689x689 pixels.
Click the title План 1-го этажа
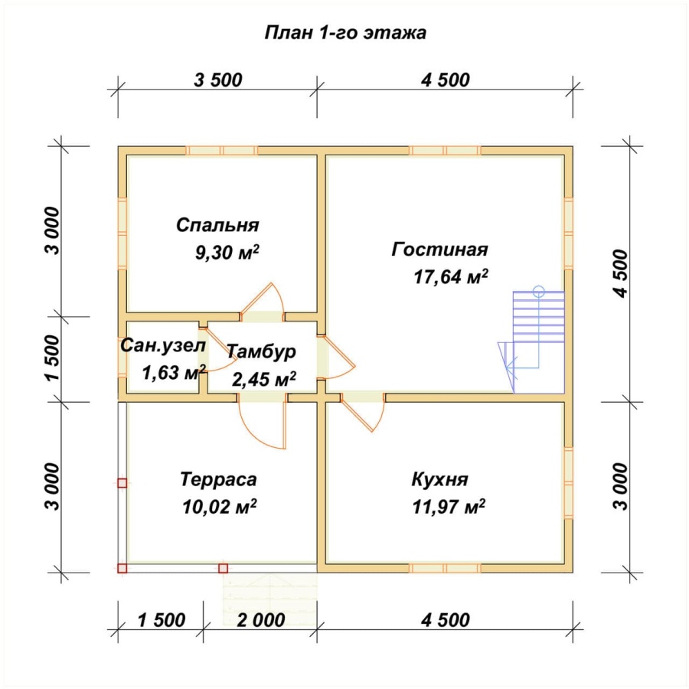tap(345, 33)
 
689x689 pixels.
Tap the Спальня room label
tap(217, 225)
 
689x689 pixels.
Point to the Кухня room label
tap(440, 479)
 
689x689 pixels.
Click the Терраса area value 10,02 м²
tap(219, 507)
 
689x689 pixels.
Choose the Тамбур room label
tap(262, 352)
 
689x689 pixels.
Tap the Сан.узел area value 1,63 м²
tap(174, 373)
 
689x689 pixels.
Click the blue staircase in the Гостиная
tap(531, 340)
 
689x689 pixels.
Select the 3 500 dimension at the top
tap(218, 80)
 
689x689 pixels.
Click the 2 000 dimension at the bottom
tap(261, 620)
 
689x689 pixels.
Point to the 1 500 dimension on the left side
tap(53, 358)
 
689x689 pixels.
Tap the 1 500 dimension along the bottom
tap(162, 620)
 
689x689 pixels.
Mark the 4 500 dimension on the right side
tap(621, 273)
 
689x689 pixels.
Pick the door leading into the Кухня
tap(363, 412)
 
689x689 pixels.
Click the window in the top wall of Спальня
tap(221, 151)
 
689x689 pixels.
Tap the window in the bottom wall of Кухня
tap(445, 568)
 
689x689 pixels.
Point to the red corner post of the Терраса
tap(122, 568)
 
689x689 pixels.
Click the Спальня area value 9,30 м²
tap(227, 253)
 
